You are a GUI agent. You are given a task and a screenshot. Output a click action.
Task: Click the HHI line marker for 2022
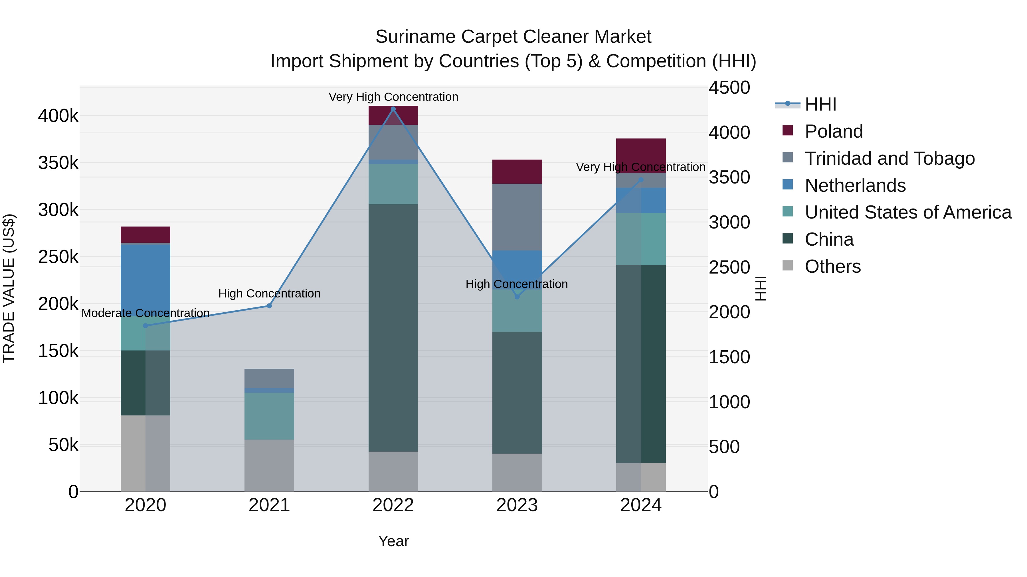click(393, 109)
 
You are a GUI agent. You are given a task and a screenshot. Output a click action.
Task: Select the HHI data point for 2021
click(269, 306)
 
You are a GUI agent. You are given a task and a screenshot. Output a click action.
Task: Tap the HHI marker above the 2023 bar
click(517, 297)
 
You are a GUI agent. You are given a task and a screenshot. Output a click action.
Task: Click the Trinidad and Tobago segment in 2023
click(517, 217)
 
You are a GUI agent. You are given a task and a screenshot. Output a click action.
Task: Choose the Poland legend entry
click(833, 131)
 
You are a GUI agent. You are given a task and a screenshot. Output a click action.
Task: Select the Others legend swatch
click(788, 266)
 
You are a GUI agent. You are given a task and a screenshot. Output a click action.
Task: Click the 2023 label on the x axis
click(517, 505)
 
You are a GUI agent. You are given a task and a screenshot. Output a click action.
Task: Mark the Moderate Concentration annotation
click(145, 313)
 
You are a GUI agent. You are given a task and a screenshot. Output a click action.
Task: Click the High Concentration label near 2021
click(269, 293)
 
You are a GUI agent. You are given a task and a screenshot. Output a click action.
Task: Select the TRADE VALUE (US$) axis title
click(9, 288)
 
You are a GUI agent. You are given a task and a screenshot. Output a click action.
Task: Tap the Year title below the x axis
click(393, 541)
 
